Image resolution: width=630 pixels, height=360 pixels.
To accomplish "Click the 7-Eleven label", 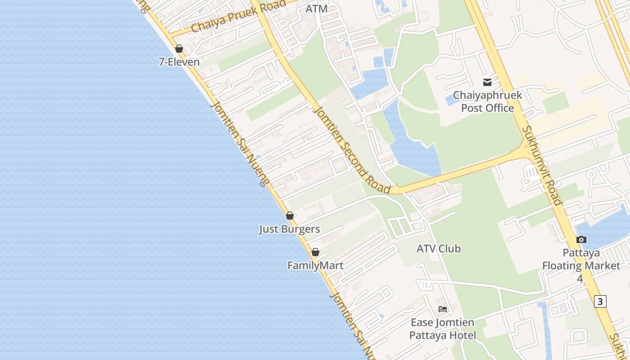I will click(179, 62).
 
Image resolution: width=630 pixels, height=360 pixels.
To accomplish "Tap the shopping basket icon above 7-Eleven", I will click(179, 49).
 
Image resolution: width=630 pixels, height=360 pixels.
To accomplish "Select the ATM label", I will click(316, 9).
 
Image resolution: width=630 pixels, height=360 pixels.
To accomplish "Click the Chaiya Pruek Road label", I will click(238, 16).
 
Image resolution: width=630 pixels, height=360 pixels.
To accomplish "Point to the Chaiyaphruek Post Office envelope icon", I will click(487, 82).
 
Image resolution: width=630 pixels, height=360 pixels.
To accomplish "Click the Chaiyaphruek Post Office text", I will click(487, 102).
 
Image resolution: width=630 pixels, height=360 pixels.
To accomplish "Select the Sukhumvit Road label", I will click(542, 165).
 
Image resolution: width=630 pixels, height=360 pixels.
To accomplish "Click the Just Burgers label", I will click(289, 229).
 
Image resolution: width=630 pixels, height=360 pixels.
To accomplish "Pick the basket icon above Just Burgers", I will click(290, 216).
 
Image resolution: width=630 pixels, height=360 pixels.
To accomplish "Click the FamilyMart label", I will click(315, 265).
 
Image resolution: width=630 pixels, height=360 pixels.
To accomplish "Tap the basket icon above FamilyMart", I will click(315, 252).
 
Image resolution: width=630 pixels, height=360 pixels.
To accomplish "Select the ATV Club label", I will click(438, 248).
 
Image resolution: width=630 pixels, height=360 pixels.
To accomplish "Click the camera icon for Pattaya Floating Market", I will click(581, 239).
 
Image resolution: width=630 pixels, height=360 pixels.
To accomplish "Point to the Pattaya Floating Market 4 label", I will click(580, 265).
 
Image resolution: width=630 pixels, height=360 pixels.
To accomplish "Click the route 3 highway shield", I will click(600, 301).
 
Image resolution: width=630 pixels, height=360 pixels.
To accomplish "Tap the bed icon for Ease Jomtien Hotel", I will click(443, 309).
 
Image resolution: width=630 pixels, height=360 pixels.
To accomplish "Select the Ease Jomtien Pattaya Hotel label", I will click(442, 329).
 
